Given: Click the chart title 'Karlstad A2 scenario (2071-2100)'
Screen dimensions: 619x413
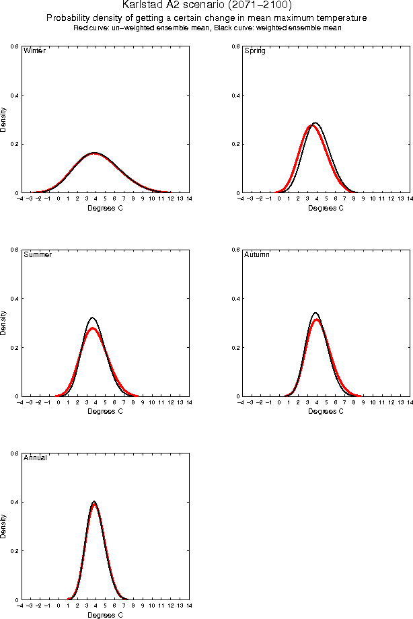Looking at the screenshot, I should (206, 5).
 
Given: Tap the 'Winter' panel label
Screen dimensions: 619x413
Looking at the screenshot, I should (34, 51).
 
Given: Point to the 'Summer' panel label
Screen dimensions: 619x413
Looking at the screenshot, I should (38, 255).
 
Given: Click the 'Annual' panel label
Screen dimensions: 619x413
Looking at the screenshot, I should (36, 458).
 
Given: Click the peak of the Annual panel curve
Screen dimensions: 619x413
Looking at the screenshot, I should (94, 502).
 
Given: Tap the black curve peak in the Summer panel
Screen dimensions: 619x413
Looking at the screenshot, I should (92, 318).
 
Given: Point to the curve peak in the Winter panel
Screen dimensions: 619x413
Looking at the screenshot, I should (95, 153).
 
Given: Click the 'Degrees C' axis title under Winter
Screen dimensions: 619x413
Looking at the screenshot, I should (106, 208).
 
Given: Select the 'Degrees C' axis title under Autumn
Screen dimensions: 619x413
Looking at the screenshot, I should (326, 411).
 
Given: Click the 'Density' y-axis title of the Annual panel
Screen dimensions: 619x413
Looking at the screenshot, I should (3, 526).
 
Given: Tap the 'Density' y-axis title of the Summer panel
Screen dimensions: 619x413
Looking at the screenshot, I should (3, 323).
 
